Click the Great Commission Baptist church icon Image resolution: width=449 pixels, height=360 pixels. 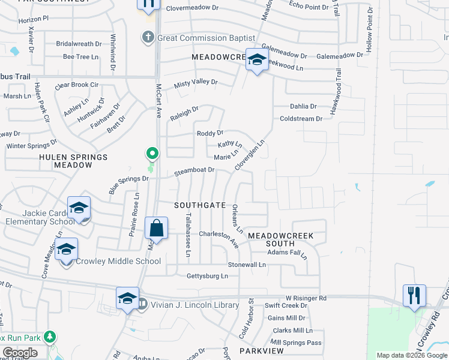click(x=148, y=38)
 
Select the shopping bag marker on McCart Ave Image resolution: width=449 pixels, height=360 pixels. click(x=156, y=229)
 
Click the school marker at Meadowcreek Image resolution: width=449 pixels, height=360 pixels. click(x=257, y=59)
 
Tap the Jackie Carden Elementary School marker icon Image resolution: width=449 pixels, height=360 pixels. click(x=79, y=209)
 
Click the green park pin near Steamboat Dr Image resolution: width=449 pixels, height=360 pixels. click(x=152, y=155)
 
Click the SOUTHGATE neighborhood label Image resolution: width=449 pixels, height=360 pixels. click(x=200, y=205)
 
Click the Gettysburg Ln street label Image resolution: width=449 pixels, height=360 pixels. click(x=203, y=276)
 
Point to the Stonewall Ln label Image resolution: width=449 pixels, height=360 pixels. click(x=246, y=265)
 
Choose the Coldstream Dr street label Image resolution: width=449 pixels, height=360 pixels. click(x=301, y=119)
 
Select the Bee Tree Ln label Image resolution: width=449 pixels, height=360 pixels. click(x=80, y=57)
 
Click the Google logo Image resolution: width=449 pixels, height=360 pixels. click(x=20, y=353)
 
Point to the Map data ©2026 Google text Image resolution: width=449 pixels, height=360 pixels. click(x=411, y=355)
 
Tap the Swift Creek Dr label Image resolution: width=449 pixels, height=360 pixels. click(x=286, y=305)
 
